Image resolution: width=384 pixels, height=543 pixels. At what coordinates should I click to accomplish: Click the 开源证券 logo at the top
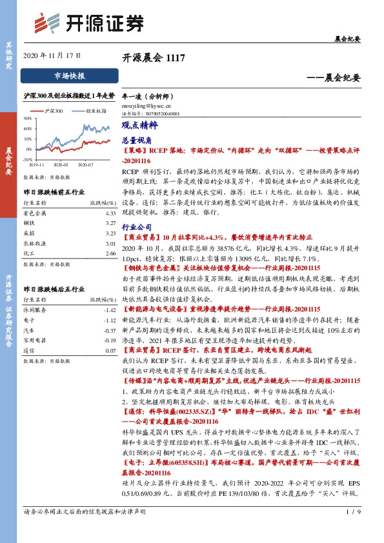[x=88, y=23]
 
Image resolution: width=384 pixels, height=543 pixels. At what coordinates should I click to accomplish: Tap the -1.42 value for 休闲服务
[x=109, y=310]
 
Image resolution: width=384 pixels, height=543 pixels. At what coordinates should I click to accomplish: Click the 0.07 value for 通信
[x=109, y=350]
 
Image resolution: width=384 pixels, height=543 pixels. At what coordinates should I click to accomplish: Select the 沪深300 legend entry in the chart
[x=54, y=112]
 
